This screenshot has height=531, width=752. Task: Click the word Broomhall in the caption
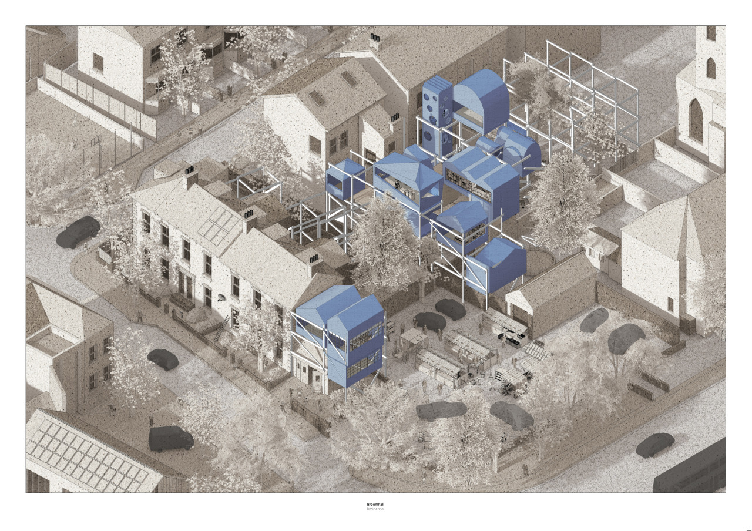click(375, 504)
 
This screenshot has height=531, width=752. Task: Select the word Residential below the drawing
click(375, 509)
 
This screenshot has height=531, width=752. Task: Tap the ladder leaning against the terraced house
click(221, 328)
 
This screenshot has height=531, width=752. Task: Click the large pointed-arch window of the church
click(695, 120)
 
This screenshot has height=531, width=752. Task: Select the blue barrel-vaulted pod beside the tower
click(481, 100)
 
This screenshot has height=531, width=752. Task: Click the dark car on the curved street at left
click(78, 232)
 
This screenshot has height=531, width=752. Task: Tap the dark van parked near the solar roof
click(170, 439)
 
